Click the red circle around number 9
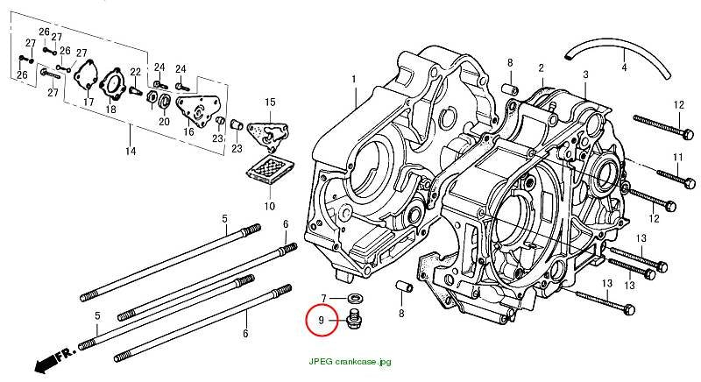306,320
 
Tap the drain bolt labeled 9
354,318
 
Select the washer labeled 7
356,297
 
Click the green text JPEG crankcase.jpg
350,362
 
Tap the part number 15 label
270,103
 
